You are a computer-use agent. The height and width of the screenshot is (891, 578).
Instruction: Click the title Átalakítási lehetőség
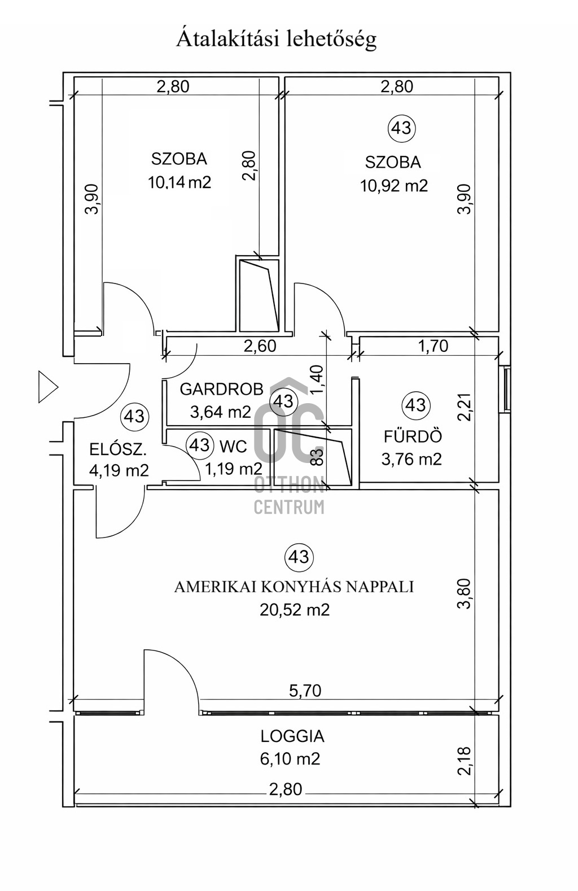(x=277, y=39)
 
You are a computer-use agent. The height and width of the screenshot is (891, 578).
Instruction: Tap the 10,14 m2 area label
(x=179, y=182)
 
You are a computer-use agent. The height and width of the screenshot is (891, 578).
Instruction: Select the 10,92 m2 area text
(x=393, y=185)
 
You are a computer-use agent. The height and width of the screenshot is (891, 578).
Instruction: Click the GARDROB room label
(x=221, y=389)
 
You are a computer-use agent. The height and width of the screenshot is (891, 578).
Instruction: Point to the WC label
(x=233, y=447)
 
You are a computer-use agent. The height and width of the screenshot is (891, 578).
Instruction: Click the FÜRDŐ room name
(x=413, y=436)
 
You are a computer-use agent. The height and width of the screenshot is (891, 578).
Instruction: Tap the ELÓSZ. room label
(x=118, y=449)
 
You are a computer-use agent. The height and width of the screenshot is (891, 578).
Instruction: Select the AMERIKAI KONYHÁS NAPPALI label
(x=294, y=587)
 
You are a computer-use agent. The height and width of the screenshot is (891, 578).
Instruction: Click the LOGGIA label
(x=292, y=736)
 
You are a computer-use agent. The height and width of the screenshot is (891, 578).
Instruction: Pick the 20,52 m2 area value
(x=295, y=610)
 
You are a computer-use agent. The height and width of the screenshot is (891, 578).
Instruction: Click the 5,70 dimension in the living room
(x=305, y=691)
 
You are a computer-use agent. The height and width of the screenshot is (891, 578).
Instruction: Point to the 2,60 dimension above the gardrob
(x=260, y=346)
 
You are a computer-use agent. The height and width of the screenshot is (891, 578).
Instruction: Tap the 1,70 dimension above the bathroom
(x=433, y=346)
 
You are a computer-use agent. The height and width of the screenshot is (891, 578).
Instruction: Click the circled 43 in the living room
(x=299, y=557)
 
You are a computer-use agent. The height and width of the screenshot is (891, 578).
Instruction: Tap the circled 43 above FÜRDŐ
(x=416, y=405)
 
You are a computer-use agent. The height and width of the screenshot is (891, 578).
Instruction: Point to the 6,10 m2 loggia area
(x=290, y=759)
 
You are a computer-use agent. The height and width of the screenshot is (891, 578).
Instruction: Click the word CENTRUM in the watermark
(x=289, y=506)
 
